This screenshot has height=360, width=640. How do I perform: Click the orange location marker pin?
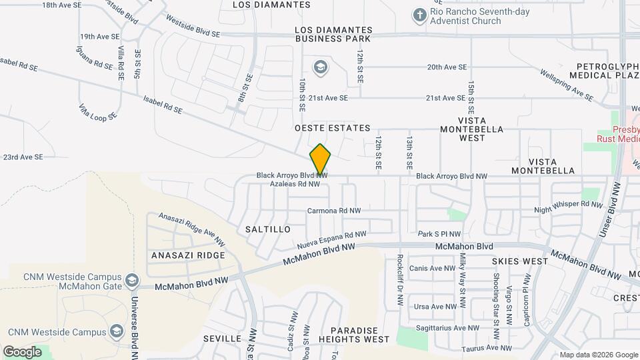[321, 159]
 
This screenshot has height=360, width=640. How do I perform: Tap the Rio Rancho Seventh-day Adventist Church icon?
[419, 14]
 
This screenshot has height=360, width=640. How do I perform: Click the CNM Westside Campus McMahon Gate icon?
[132, 281]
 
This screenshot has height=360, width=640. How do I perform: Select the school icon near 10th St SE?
[321, 67]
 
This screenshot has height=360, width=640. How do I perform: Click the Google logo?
[22, 351]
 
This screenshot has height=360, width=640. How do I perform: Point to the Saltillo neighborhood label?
[267, 229]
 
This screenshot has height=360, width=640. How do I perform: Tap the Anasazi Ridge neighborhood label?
[188, 255]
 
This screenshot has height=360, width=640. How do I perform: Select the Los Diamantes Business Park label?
[334, 35]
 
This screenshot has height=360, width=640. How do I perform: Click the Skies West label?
[519, 262]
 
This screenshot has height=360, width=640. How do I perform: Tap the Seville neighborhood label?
[222, 339]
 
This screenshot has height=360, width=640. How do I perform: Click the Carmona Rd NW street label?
[333, 211]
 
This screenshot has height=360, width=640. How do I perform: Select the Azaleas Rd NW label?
[295, 183]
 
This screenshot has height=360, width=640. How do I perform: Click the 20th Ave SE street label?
[447, 67]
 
